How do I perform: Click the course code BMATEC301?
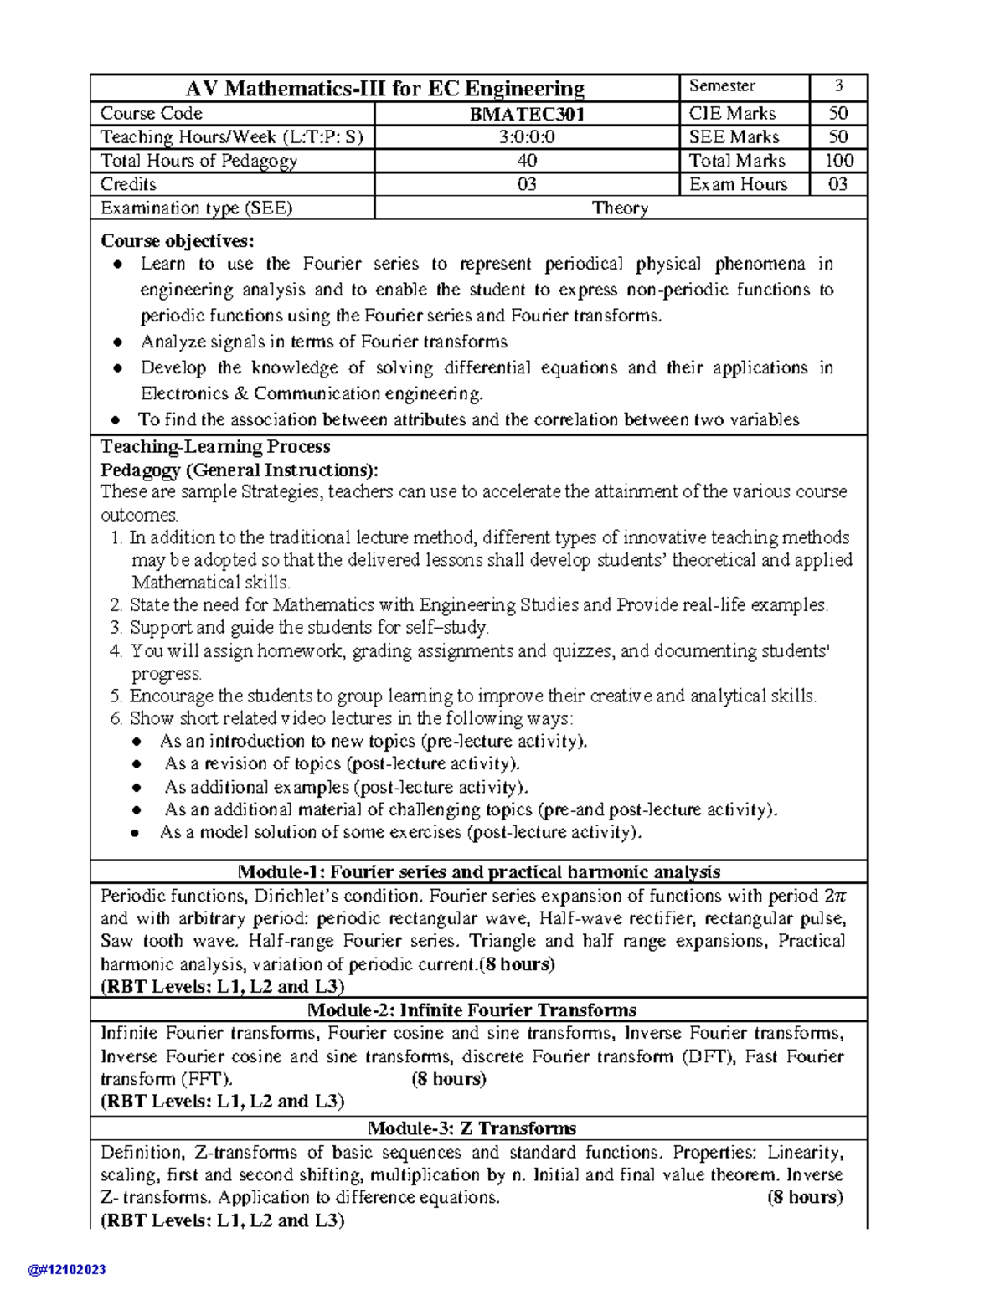[527, 114]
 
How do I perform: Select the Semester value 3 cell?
[838, 86]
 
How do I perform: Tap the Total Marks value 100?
[838, 161]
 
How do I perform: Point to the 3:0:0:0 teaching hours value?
[527, 137]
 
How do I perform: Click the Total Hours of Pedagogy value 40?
[527, 161]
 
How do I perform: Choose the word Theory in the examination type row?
[620, 208]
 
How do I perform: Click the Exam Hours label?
[738, 184]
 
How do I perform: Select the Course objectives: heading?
[177, 241]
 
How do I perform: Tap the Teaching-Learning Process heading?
[215, 446]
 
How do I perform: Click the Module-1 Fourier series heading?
[479, 871]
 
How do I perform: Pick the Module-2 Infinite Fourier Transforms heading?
[472, 1010]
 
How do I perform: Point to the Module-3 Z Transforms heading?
[472, 1128]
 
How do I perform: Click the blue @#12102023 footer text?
[67, 1270]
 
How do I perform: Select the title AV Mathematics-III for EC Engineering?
[384, 88]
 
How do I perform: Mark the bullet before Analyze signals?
[119, 342]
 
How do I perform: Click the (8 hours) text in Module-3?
[805, 1197]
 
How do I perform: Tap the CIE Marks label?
[732, 114]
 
